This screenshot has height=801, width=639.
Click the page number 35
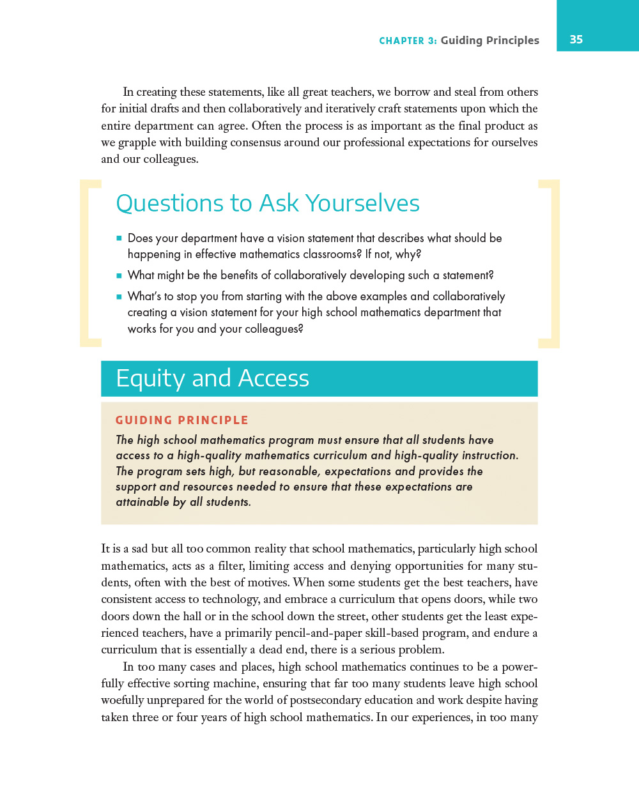576,40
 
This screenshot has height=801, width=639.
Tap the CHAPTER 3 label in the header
408,41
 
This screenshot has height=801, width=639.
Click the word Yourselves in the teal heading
362,203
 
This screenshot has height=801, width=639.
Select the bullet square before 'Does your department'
119,238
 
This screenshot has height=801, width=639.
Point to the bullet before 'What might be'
119,276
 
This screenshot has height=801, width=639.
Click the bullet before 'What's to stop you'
119,296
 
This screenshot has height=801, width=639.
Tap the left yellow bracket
89,263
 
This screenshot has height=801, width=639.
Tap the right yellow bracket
550,263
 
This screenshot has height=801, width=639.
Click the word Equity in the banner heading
150,378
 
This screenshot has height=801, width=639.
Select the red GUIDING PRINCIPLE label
181,420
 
